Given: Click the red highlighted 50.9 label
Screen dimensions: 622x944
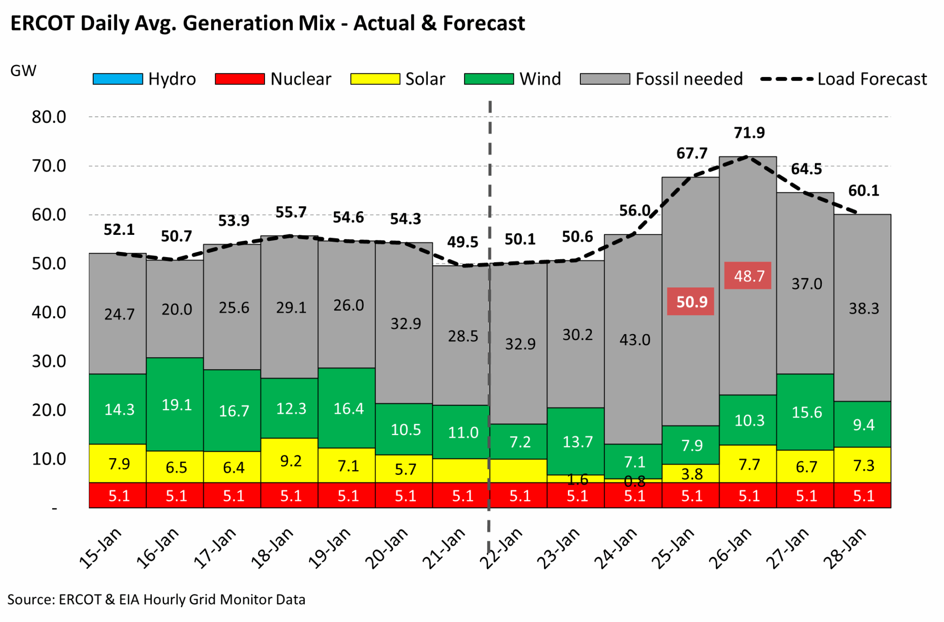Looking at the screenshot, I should [x=690, y=302].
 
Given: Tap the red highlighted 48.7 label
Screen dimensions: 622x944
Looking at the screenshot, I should [x=748, y=276].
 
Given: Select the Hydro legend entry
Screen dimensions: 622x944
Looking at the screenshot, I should [x=144, y=79].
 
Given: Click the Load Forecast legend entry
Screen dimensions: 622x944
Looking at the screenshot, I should [x=843, y=79].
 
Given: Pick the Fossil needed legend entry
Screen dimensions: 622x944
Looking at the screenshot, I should [x=661, y=79].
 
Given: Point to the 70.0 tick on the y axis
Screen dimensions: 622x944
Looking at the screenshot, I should [x=49, y=166].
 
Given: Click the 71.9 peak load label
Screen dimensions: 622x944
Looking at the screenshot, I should [x=749, y=133].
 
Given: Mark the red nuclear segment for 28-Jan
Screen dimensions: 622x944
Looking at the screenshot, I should [x=862, y=496].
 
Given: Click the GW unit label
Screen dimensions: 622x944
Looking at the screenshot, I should [x=23, y=71].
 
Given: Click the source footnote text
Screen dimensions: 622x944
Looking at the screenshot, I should [x=156, y=599].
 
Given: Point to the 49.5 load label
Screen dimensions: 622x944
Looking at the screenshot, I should [x=462, y=242].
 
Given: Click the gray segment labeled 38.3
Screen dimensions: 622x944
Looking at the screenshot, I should [x=863, y=308].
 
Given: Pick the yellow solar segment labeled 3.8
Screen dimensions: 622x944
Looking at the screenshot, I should [x=691, y=474].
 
